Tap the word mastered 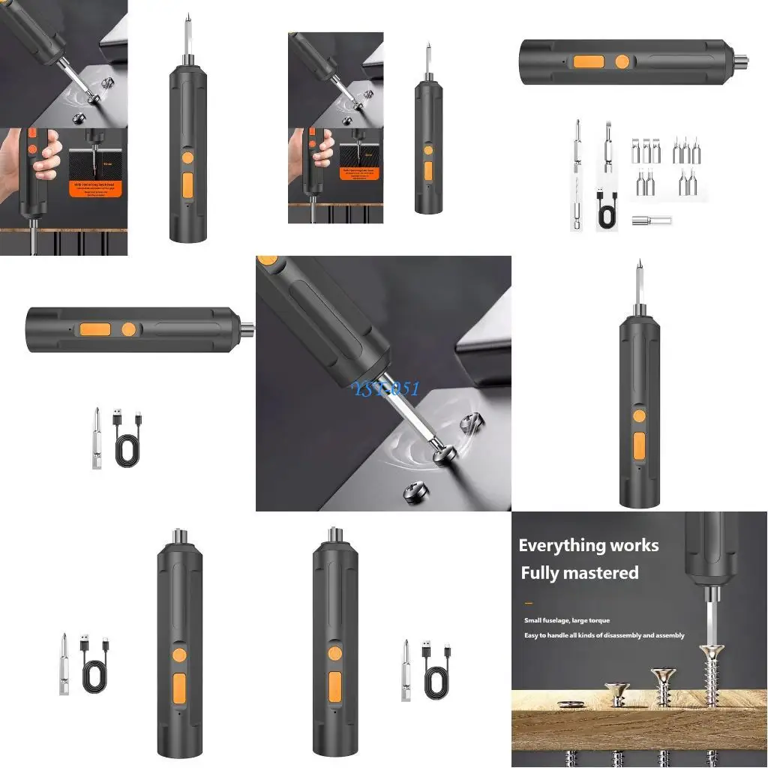[601, 573]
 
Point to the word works [634, 545]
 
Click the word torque [598, 620]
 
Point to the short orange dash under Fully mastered [528, 602]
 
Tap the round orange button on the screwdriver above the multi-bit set [622, 61]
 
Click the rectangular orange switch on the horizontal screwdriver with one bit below [96, 328]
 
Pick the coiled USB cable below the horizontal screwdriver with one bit [128, 445]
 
